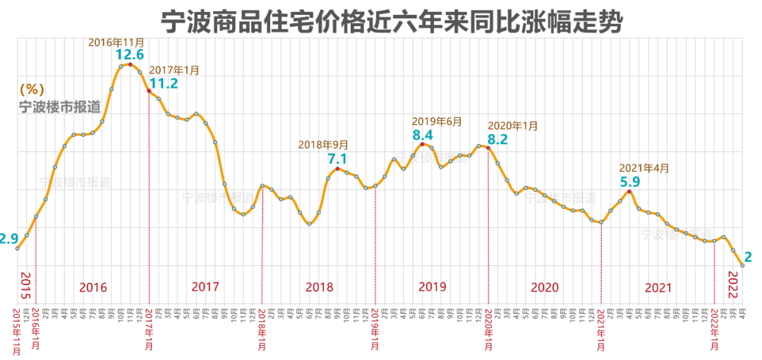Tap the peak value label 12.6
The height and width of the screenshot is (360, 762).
[131, 54]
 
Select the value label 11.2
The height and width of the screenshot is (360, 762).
[163, 83]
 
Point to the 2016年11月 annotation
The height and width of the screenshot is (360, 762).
[116, 42]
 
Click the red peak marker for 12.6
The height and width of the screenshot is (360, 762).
[131, 65]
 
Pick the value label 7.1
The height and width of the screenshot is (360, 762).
[338, 159]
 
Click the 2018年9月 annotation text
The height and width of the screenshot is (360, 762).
[323, 144]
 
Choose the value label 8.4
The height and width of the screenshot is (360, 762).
[423, 134]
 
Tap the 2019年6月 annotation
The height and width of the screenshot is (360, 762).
[437, 121]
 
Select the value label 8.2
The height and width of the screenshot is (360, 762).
[498, 139]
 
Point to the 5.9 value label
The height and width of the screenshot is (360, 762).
[629, 181]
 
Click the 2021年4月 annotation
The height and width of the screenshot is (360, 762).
[643, 168]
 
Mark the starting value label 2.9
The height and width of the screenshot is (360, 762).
[8, 239]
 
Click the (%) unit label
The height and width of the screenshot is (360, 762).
[32, 90]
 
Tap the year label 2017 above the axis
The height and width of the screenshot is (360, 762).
[205, 288]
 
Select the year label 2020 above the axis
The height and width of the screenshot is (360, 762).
[545, 288]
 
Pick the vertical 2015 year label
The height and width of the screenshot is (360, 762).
[26, 284]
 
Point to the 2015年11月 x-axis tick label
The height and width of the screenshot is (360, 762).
[17, 330]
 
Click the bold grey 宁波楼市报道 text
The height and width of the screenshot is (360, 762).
[59, 107]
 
